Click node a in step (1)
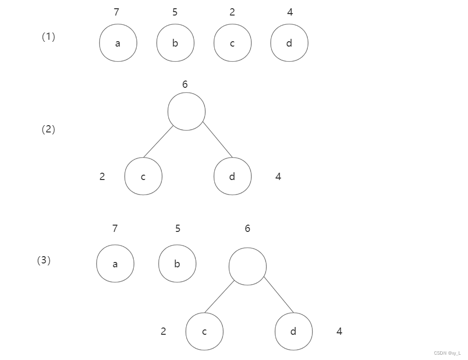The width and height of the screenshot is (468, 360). pyautogui.click(x=118, y=43)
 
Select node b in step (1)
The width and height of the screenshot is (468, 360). pyautogui.click(x=175, y=43)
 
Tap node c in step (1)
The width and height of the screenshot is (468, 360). pyautogui.click(x=232, y=43)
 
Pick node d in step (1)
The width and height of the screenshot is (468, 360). pyautogui.click(x=289, y=43)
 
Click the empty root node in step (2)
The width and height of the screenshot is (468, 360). pyautogui.click(x=186, y=112)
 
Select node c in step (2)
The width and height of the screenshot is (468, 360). pyautogui.click(x=143, y=176)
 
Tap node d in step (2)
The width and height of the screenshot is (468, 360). pyautogui.click(x=232, y=176)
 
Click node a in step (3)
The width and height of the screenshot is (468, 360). pyautogui.click(x=115, y=263)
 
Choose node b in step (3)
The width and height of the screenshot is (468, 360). pyautogui.click(x=177, y=263)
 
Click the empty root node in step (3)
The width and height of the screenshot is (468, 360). pyautogui.click(x=247, y=266)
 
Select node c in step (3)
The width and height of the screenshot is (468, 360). pyautogui.click(x=204, y=331)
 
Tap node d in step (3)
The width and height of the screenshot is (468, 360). pyautogui.click(x=293, y=331)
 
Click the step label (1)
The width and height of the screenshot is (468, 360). pyautogui.click(x=48, y=37)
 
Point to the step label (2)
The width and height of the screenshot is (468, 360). pyautogui.click(x=48, y=130)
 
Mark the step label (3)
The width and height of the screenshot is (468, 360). pyautogui.click(x=44, y=261)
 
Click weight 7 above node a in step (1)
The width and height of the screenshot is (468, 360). pyautogui.click(x=116, y=13)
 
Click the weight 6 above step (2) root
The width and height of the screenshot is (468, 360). pyautogui.click(x=185, y=84)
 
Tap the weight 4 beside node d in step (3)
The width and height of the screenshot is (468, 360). pyautogui.click(x=339, y=331)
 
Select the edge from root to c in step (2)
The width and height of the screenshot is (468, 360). pyautogui.click(x=158, y=142)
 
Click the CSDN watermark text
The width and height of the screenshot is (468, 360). pyautogui.click(x=447, y=353)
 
